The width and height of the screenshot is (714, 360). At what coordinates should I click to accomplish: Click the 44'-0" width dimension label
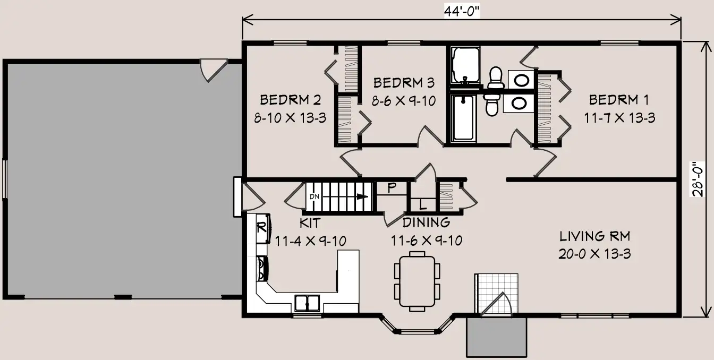(x=462, y=12)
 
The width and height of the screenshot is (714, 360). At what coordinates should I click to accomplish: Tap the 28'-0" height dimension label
(x=697, y=179)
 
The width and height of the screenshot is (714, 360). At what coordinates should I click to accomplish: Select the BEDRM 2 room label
(x=291, y=100)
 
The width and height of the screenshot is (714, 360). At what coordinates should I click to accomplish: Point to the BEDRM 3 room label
(x=404, y=83)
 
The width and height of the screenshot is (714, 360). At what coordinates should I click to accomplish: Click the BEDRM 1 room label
(x=619, y=100)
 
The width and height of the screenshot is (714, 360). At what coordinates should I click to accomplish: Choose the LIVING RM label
(x=595, y=236)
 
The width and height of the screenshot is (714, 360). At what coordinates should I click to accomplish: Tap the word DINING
(x=426, y=222)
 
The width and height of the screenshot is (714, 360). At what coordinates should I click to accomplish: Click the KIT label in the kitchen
(x=310, y=223)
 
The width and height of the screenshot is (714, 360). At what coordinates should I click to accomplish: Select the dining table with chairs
(x=417, y=281)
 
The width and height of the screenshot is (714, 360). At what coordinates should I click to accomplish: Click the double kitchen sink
(x=307, y=303)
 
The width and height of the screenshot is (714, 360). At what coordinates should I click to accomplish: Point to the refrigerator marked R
(x=263, y=228)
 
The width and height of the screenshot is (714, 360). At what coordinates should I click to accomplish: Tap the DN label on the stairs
(x=314, y=196)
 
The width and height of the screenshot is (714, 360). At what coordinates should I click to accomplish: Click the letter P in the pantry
(x=392, y=187)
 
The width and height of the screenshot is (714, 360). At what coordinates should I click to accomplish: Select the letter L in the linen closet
(x=423, y=205)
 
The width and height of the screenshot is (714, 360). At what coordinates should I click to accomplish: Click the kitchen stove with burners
(x=262, y=269)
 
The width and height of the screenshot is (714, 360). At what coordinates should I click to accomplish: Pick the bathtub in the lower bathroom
(x=463, y=117)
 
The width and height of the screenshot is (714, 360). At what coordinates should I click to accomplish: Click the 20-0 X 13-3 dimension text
(x=595, y=254)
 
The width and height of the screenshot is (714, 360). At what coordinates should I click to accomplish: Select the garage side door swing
(x=214, y=70)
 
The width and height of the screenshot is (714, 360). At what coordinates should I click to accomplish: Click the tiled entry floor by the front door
(x=496, y=294)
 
